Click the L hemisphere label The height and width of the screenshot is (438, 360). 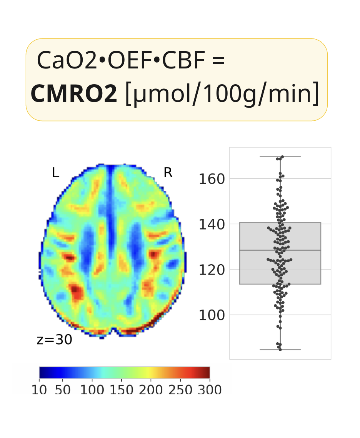(56, 173)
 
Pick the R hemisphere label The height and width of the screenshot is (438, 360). (168, 173)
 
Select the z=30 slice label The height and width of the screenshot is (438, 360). (54, 340)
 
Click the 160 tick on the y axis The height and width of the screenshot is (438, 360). (211, 179)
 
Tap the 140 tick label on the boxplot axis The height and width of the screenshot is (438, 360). (211, 224)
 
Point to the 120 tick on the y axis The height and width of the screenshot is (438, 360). (211, 270)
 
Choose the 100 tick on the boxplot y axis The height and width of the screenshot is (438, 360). (211, 315)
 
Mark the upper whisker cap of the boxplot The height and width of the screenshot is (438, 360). (280, 157)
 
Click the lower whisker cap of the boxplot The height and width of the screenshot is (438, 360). (280, 350)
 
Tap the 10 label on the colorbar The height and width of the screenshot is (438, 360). (39, 390)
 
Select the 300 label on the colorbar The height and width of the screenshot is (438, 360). (209, 390)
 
